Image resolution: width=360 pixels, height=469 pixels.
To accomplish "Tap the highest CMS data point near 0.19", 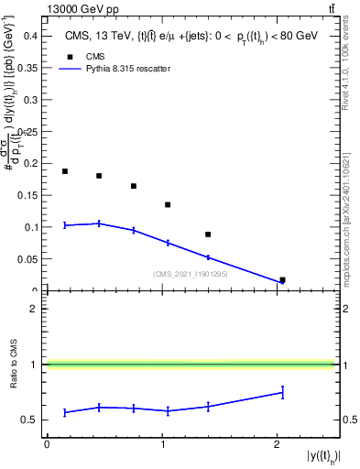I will coord(65,171).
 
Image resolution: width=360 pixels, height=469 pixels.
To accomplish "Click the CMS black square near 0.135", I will coord(168,204).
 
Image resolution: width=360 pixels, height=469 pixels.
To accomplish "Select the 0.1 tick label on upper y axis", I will coord(31,227).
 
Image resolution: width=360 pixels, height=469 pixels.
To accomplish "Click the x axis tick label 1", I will coord(162,445).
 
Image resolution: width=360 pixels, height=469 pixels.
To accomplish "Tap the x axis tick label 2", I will coord(278,445).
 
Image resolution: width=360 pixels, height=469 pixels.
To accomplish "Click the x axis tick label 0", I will coord(47,445).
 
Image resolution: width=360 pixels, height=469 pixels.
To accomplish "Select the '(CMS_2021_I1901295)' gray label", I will coord(190,273).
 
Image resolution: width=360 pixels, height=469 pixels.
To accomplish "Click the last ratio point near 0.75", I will coord(282,392).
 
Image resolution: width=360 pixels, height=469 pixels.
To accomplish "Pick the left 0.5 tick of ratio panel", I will coord(32,420).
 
